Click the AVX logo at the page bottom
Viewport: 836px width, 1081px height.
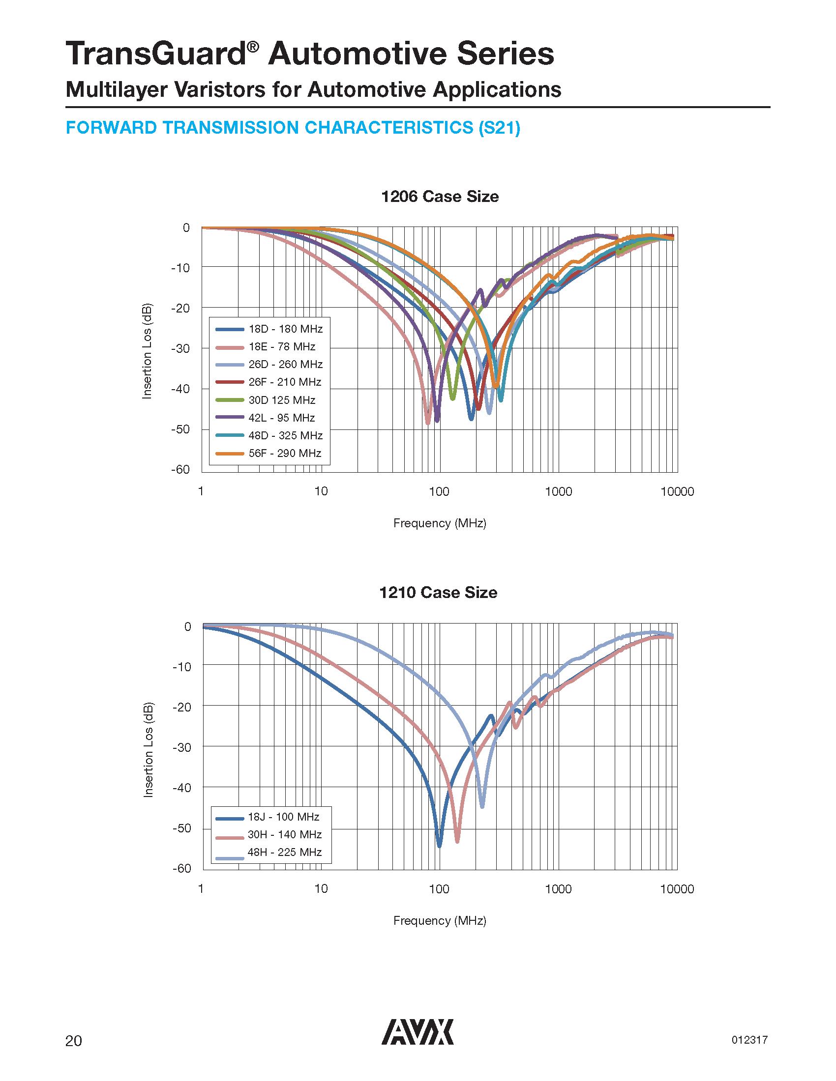417,1032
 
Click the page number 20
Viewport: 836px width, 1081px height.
74,1041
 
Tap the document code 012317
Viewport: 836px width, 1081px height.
749,1040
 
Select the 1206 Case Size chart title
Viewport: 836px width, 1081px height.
440,197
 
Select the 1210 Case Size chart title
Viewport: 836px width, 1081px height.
438,593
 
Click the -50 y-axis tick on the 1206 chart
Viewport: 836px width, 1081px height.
180,429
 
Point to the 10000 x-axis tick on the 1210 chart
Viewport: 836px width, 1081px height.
677,889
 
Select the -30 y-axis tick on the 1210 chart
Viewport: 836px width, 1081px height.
181,747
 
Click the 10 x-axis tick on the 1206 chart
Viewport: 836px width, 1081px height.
321,491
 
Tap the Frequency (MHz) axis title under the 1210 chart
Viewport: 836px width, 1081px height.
440,921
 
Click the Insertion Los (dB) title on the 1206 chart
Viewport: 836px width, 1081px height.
147,350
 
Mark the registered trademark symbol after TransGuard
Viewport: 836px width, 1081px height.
253,47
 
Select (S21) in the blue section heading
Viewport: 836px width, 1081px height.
499,128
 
